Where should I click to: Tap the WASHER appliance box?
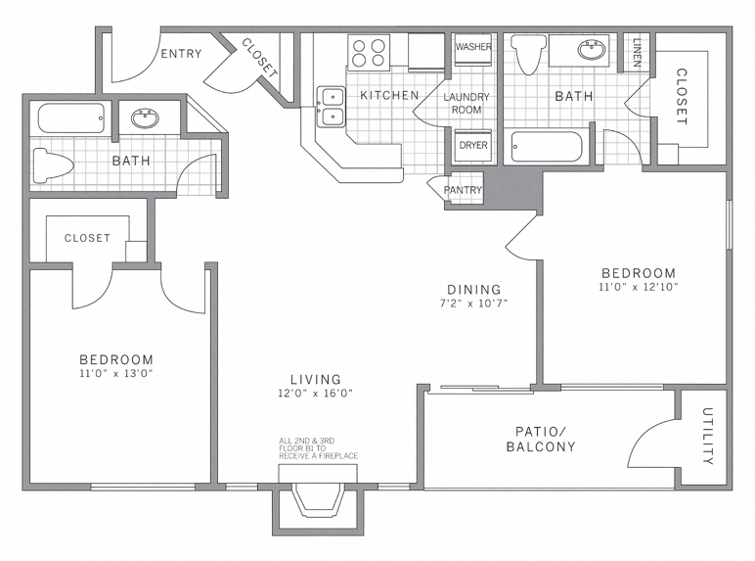[473, 47]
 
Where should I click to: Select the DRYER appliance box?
[473, 145]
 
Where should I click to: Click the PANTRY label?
[462, 190]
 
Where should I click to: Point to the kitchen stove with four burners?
[370, 51]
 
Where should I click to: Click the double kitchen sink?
[330, 107]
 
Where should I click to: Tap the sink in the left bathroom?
[147, 119]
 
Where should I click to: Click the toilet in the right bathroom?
[527, 57]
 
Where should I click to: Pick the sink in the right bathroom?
[592, 50]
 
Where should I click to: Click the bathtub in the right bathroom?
[548, 148]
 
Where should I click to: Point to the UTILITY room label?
[707, 437]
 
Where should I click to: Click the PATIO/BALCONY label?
[540, 439]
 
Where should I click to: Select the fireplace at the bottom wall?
[317, 499]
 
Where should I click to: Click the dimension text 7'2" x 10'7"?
[474, 303]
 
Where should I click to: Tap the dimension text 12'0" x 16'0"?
[315, 393]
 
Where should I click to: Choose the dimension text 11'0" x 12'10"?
[638, 287]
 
